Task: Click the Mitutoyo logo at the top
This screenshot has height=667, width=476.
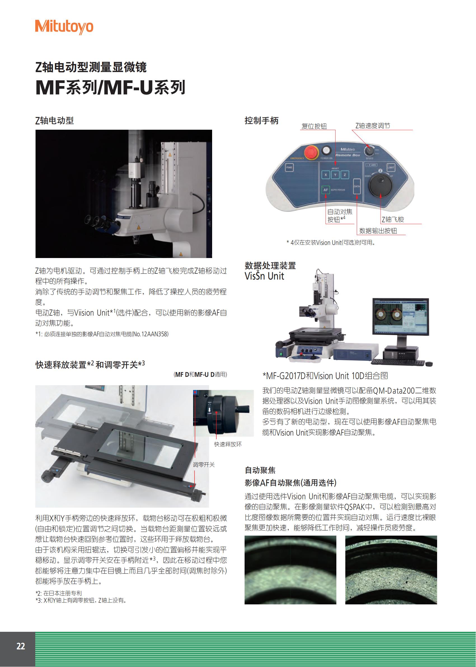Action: coord(64,27)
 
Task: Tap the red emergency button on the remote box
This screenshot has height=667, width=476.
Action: coord(311,152)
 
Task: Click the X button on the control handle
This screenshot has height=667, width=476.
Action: coord(326,175)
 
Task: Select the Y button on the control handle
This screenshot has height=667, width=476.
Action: coord(335,175)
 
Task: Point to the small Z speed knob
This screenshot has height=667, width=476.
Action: coord(369,151)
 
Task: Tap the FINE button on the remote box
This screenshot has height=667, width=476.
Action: coord(289,167)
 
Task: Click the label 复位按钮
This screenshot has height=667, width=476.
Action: coord(314,126)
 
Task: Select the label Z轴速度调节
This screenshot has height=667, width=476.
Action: coord(372,126)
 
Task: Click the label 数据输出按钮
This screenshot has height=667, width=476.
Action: coord(378,231)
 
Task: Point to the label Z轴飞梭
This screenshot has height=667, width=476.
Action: coord(393,220)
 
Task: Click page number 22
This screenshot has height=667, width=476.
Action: coord(20,646)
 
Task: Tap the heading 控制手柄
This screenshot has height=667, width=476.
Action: coord(261,121)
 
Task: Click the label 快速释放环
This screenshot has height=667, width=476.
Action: coord(228,444)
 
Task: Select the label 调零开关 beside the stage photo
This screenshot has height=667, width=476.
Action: coord(204,465)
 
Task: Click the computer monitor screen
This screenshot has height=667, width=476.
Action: coord(400,316)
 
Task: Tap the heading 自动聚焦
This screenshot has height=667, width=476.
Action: coord(260,470)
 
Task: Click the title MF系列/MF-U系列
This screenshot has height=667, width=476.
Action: coord(110,87)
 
